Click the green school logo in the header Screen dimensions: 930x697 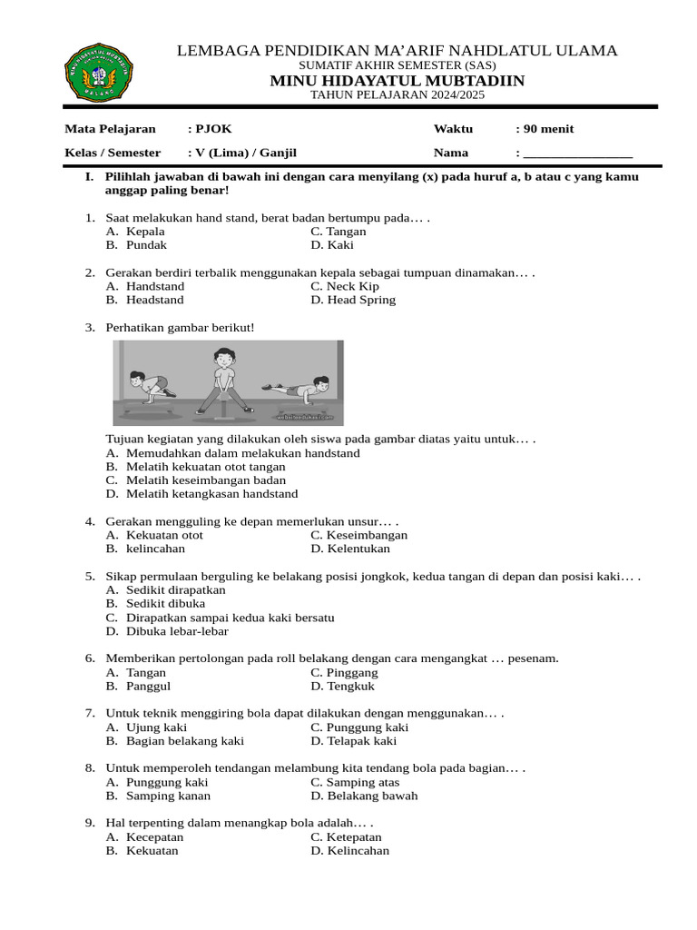[100, 73]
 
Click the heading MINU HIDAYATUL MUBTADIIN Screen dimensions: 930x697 [397, 82]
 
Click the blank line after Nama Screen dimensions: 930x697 [577, 153]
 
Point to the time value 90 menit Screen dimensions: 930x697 [548, 129]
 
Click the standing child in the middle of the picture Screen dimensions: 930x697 [223, 381]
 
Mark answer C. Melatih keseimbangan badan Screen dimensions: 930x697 [205, 480]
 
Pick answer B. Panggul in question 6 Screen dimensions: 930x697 [148, 687]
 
